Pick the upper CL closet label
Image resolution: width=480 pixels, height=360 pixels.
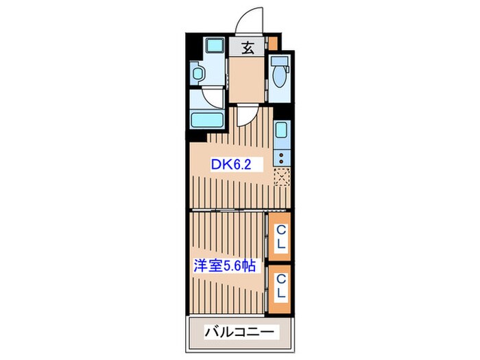coord(280,237)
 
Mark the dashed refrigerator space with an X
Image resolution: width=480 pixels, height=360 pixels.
coord(281,178)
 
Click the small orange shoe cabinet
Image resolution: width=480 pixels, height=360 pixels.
coord(272,44)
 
